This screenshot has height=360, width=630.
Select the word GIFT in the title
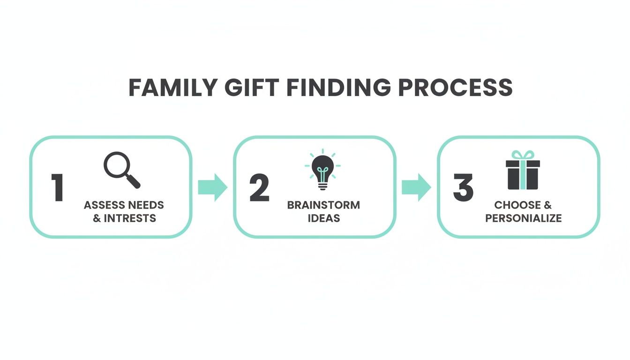point(248,88)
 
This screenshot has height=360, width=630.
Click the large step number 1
point(58,188)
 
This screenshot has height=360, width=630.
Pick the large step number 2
point(259,188)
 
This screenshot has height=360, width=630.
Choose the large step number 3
point(463,188)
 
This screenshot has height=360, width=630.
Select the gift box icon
point(523,174)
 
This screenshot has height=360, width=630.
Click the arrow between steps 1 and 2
point(212,187)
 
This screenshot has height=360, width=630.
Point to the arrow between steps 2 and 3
point(416,187)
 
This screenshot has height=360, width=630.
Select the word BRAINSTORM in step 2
point(323,205)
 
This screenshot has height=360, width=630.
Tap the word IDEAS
point(323,218)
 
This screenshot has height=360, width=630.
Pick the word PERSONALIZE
point(523,218)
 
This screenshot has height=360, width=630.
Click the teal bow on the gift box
point(523,155)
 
